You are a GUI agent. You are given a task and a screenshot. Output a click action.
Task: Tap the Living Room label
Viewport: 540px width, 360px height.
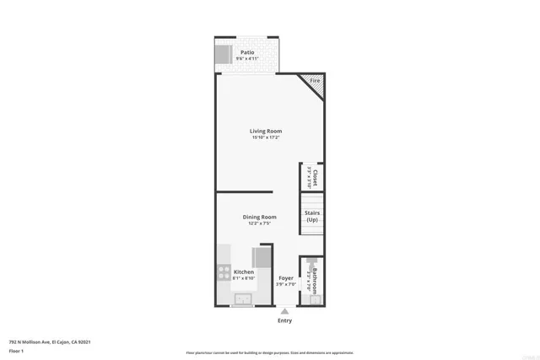pos(265,131)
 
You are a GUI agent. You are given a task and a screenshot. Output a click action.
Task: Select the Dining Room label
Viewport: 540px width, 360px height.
pos(259,217)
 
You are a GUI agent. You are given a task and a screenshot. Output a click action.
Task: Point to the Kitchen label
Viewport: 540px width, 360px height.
pos(244,271)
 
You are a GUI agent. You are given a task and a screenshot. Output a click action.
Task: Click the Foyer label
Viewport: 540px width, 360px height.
pos(287,277)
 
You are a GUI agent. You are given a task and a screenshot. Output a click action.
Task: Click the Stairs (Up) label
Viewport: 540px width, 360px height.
pos(312,217)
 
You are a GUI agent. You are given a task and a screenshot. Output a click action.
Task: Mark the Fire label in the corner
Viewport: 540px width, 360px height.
pos(315,81)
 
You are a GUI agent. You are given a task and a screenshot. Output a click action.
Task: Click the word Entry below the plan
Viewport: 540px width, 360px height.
pos(284,320)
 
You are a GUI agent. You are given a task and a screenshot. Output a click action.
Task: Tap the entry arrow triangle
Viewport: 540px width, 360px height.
pos(284,309)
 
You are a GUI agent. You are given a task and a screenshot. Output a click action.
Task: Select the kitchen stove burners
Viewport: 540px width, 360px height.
pos(224,272)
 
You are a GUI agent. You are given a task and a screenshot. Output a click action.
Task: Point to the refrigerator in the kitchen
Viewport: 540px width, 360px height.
pos(262,256)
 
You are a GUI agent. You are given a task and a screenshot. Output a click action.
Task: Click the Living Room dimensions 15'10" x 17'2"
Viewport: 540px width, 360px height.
pos(265,138)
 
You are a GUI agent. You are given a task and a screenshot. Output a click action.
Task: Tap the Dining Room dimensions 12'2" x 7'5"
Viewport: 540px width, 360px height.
pos(259,224)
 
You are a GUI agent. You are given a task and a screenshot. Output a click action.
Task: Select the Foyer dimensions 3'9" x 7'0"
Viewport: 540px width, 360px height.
pos(287,284)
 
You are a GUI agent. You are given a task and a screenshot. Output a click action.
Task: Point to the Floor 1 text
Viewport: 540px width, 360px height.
pos(16,351)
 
